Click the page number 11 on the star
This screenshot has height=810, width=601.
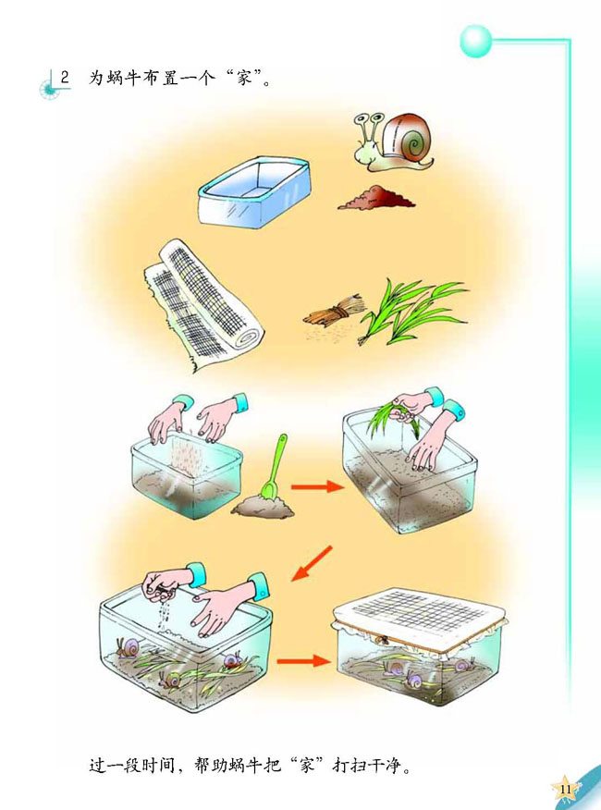click(565, 790)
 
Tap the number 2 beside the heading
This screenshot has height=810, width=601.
click(65, 78)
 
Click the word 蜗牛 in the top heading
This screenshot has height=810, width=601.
click(125, 78)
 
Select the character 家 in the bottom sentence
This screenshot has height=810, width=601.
click(306, 765)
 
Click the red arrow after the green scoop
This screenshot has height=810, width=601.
click(317, 486)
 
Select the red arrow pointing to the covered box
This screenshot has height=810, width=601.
click(303, 661)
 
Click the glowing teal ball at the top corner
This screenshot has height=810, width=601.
click(475, 41)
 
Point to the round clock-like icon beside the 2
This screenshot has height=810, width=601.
click(49, 90)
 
